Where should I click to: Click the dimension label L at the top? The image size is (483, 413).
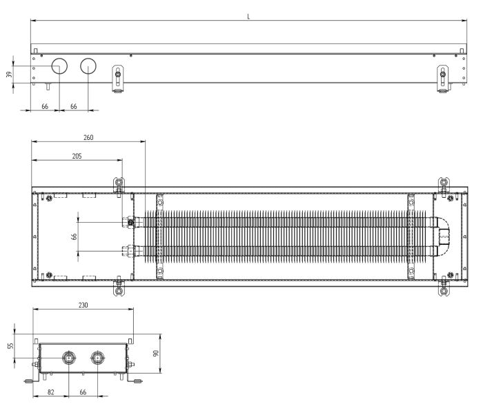coord(248,17)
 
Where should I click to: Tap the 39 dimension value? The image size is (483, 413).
coord(9,74)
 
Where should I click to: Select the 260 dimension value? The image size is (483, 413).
coord(88,138)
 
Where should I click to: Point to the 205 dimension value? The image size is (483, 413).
coord(77,157)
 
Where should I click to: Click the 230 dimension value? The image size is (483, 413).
coord(83,305)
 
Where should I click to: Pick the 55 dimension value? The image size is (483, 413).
coord(11,346)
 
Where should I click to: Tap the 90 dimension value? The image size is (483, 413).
coord(156,353)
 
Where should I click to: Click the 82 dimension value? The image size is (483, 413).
coord(51,392)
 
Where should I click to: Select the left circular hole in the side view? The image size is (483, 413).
coord(59,66)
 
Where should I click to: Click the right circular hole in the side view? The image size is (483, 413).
coord(88,66)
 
